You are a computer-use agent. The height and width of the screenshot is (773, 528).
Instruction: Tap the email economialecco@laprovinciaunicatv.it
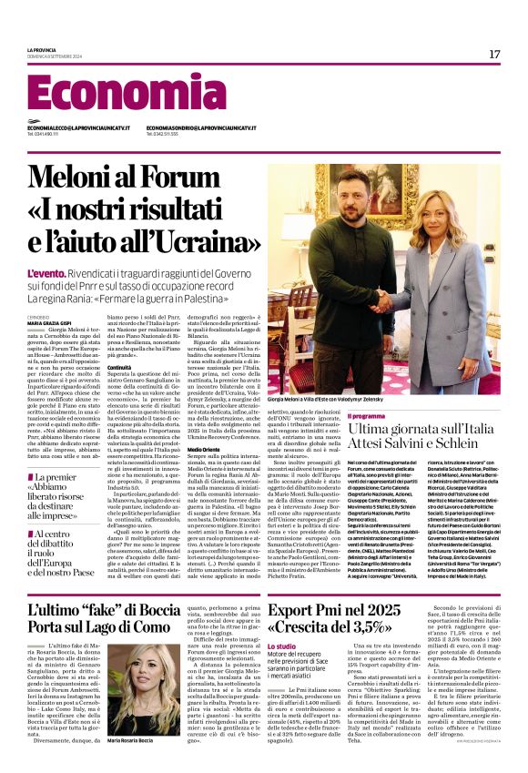tap(78, 128)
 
